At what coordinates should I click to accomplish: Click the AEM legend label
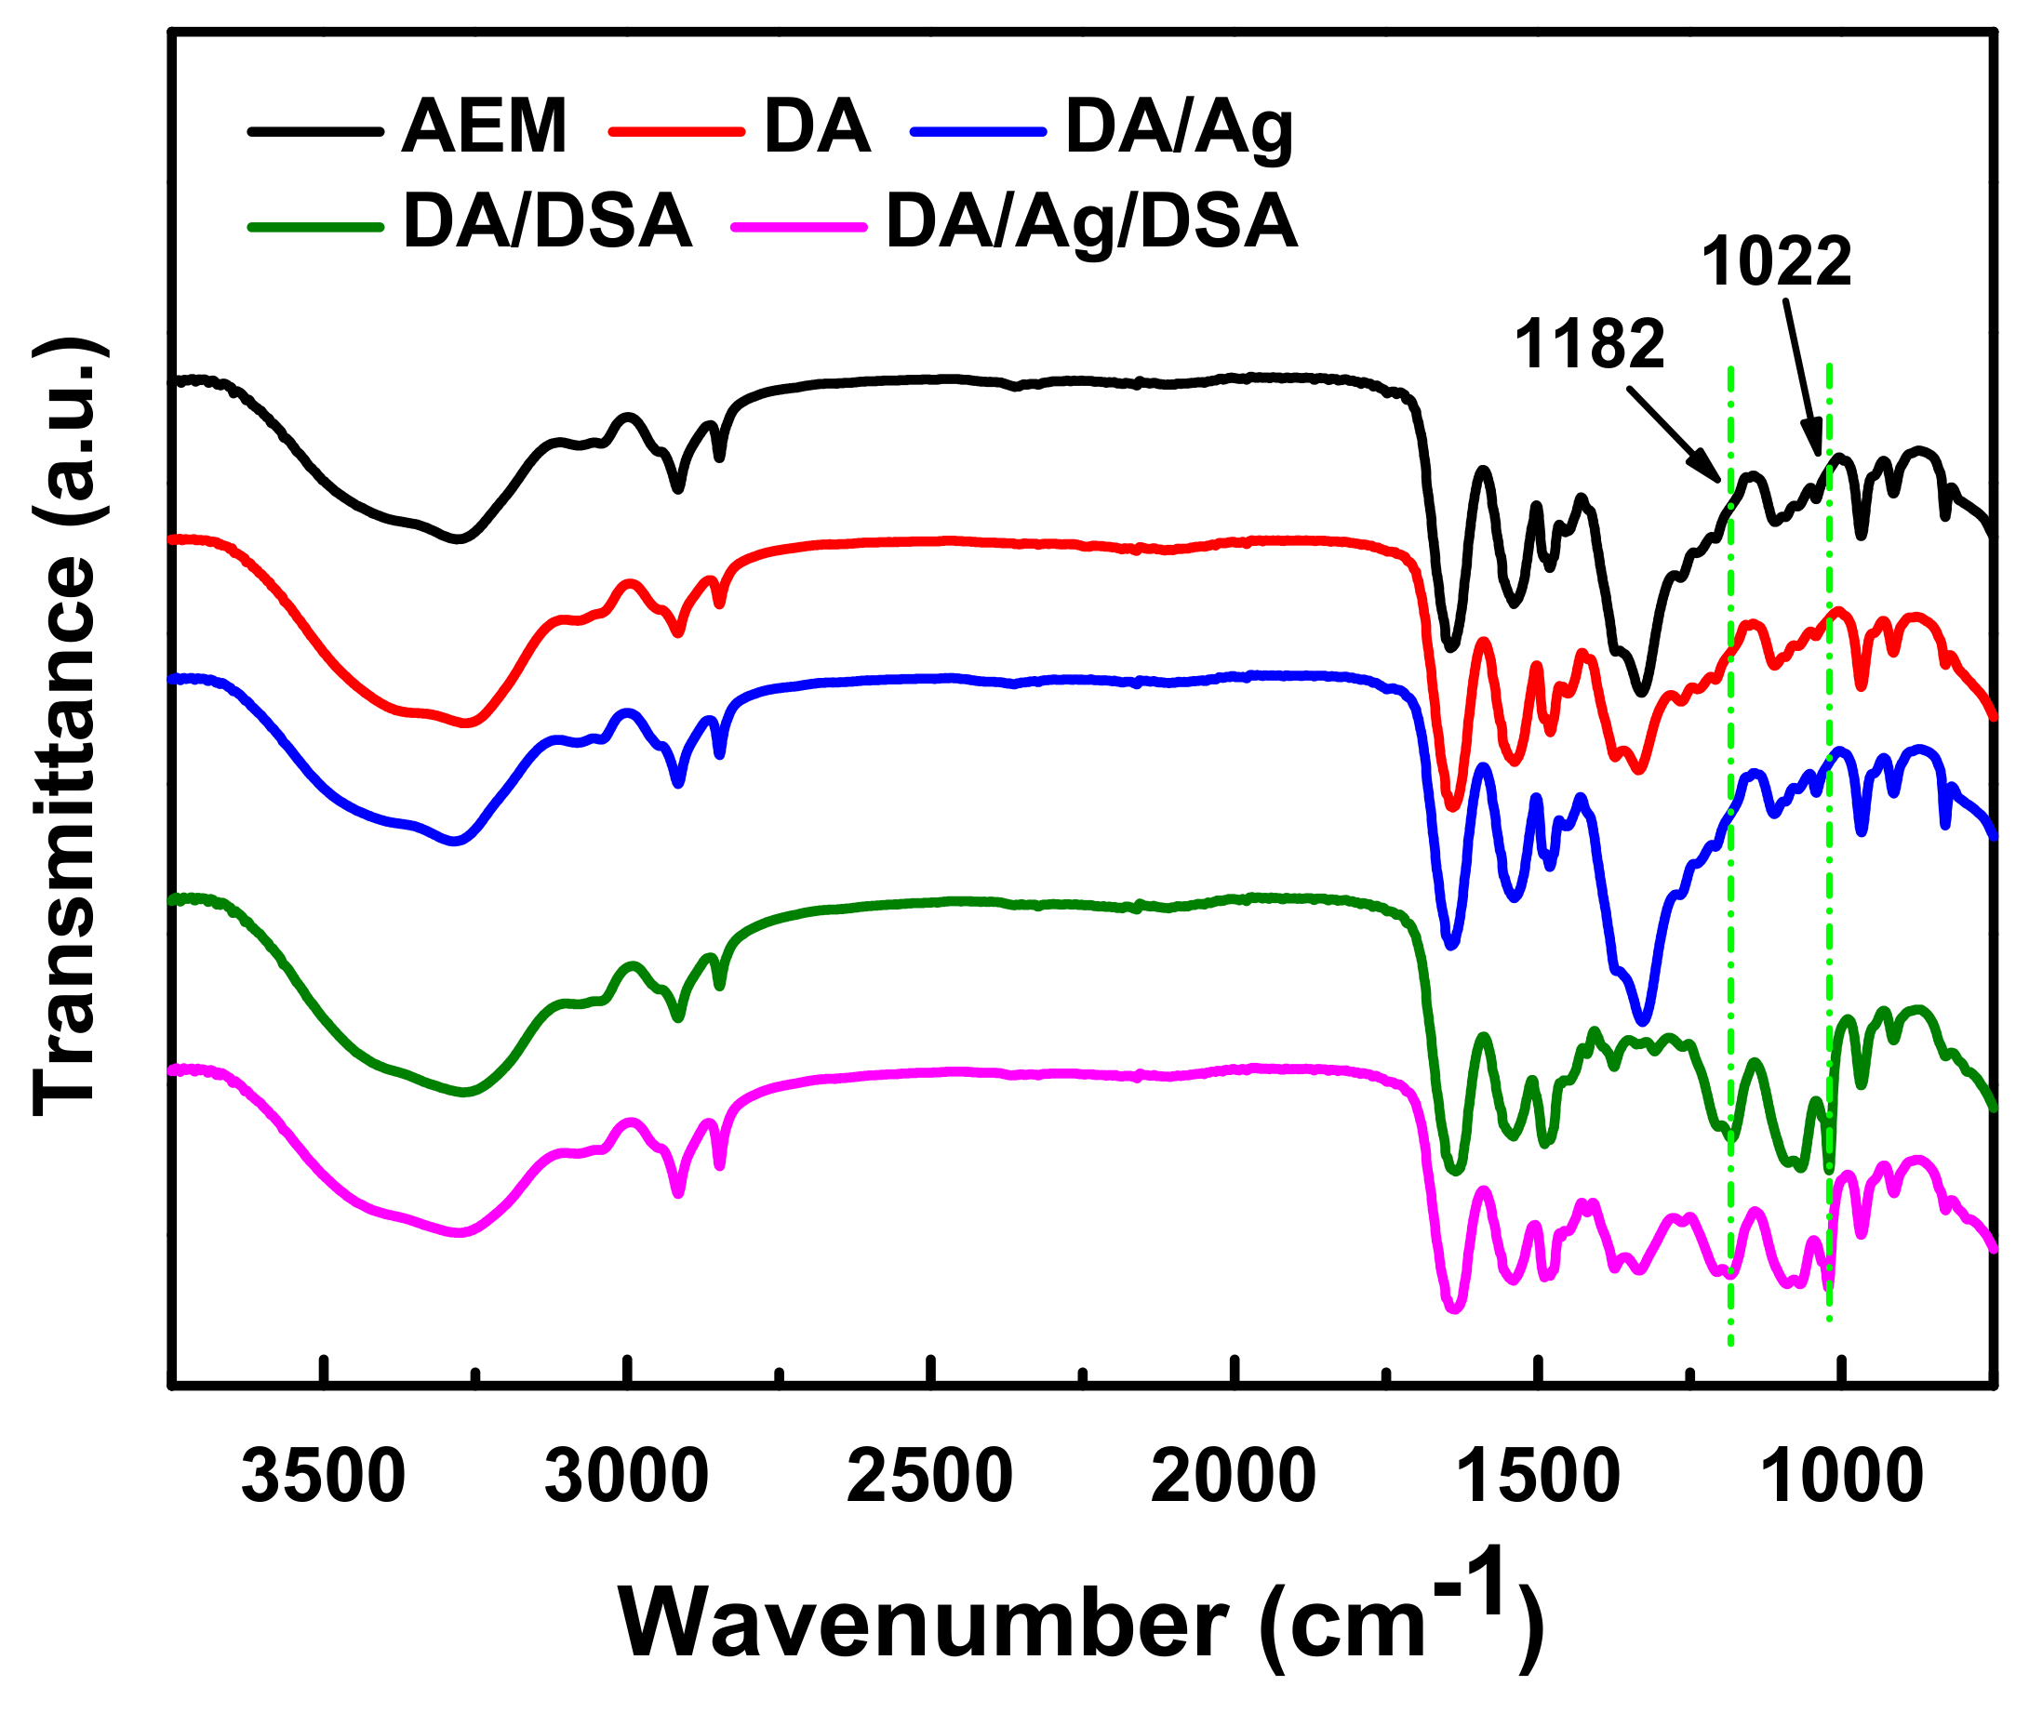click(x=484, y=127)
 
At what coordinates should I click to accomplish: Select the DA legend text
click(x=816, y=127)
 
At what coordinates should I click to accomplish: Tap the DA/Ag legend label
click(x=1179, y=127)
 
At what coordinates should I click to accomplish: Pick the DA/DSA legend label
click(x=547, y=222)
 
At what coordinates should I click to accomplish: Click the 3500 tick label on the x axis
click(x=324, y=1477)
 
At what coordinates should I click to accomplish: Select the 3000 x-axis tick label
click(x=626, y=1477)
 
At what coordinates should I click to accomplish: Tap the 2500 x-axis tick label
click(x=929, y=1477)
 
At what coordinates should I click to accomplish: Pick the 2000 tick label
click(x=1233, y=1477)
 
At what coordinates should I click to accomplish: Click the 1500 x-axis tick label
click(x=1537, y=1477)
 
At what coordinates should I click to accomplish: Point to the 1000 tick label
click(x=1839, y=1477)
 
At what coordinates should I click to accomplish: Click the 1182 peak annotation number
click(x=1589, y=345)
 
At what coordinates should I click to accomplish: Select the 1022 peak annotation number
click(x=1777, y=262)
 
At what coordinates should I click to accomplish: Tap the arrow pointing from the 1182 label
click(x=1673, y=433)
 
